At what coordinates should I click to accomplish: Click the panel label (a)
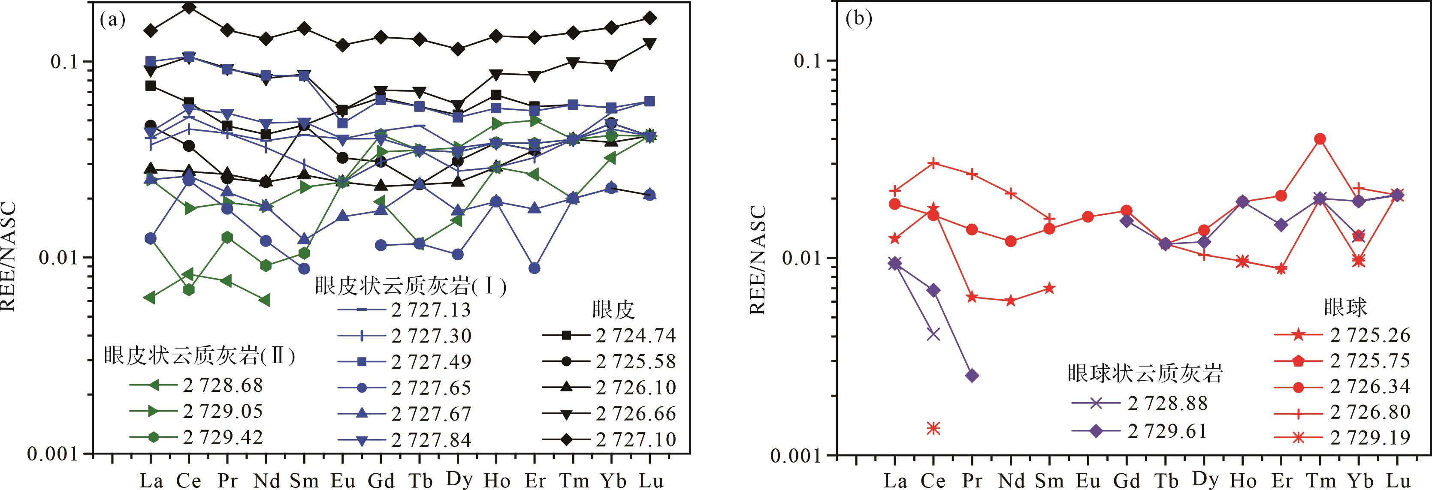coord(113,21)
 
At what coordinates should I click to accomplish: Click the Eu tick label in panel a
coord(342,481)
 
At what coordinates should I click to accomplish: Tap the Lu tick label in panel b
coord(1396,481)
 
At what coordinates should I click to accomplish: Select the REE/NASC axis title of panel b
coord(759,259)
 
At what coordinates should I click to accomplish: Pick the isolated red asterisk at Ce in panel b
coord(934,428)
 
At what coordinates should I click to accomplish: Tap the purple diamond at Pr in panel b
coord(972,376)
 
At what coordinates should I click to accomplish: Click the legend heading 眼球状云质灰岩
coord(1145,374)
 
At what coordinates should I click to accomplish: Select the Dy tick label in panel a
coord(458,480)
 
